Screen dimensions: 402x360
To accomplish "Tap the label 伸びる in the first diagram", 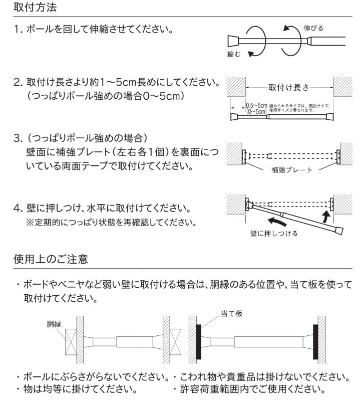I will point(313,28).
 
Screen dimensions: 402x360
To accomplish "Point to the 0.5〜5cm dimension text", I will point(256,105).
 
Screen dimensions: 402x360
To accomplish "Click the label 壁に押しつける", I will point(273,233).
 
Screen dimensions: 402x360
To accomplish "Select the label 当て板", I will point(231,313).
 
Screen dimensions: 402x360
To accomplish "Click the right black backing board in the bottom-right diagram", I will point(315,341).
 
